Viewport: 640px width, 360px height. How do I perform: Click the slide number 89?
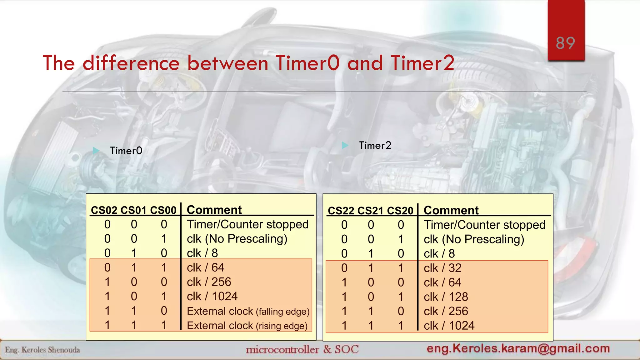(565, 43)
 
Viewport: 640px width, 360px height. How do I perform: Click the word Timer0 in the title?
(307, 63)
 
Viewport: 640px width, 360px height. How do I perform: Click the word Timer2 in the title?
(422, 63)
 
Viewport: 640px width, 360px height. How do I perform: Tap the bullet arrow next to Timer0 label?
(96, 151)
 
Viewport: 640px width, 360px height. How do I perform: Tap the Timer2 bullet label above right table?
(375, 145)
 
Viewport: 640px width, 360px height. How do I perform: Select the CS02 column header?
(104, 210)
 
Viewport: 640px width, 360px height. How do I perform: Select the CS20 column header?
(400, 211)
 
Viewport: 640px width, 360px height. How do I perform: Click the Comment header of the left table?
(214, 210)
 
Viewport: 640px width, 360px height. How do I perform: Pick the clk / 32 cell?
(442, 268)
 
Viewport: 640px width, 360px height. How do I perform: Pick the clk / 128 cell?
(446, 297)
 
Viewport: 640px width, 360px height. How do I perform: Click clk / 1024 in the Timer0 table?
(212, 296)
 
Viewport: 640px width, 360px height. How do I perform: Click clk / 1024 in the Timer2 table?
(449, 326)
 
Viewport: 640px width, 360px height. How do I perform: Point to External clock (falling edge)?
(248, 311)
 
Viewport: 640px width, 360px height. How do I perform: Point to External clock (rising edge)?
(247, 326)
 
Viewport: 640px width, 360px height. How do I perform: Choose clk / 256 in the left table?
(209, 282)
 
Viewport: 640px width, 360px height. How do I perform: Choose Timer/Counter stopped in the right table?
(484, 225)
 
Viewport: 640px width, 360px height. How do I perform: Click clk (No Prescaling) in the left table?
(237, 239)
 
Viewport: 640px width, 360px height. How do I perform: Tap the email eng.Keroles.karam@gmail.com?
(518, 348)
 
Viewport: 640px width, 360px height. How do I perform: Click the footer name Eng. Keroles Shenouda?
(42, 350)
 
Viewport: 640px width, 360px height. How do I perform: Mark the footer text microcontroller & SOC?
(302, 349)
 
